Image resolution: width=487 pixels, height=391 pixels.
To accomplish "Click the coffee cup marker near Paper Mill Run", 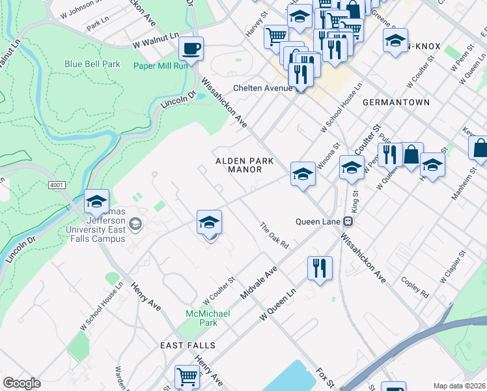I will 191,48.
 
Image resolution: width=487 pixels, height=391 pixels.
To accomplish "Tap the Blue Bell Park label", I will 92,65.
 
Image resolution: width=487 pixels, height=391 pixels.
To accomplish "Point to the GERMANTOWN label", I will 396,102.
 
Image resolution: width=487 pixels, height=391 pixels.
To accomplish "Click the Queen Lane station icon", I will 348,221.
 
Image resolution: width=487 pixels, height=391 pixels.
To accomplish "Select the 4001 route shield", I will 57,185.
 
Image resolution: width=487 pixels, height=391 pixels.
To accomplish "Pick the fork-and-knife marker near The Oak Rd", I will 320,268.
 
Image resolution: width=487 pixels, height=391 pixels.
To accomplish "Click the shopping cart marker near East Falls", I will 187,377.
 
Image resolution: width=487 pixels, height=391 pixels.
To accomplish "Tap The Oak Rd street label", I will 274,236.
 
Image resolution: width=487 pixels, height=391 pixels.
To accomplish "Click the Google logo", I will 22,383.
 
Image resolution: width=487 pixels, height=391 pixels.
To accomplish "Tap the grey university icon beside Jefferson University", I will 135,225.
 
